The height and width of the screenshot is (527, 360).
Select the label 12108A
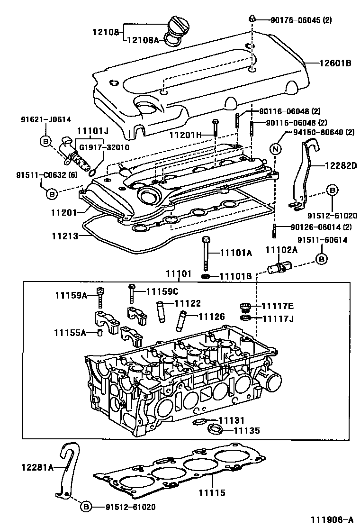143,41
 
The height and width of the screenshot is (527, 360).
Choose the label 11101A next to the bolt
235,253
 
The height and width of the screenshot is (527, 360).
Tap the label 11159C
162,291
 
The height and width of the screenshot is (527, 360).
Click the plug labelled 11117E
245,307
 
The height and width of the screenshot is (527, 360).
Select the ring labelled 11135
216,430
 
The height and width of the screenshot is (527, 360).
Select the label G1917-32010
104,147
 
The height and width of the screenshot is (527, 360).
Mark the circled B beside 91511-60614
321,259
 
